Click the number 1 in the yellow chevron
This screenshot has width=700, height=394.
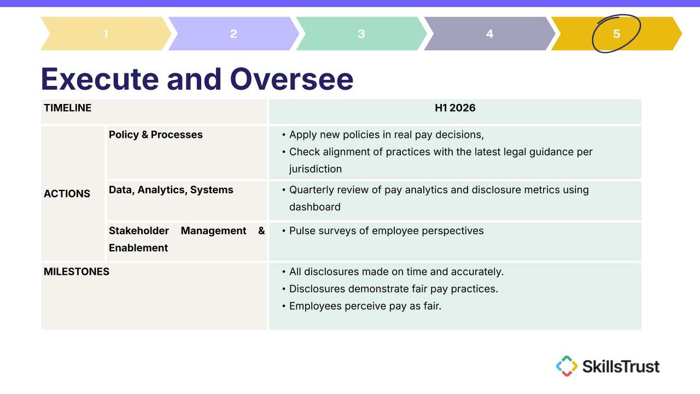(106, 34)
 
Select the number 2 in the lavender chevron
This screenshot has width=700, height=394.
(234, 34)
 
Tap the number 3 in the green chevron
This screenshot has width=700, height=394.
(361, 34)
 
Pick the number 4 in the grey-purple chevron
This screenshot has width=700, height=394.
(489, 34)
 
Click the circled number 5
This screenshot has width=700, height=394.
(616, 34)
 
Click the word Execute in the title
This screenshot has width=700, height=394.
(100, 79)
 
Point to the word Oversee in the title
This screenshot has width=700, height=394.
(291, 79)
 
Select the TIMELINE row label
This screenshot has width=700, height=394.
(67, 108)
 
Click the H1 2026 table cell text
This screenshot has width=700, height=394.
(455, 108)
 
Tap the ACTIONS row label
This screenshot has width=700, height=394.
(67, 194)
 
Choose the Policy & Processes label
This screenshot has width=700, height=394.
(156, 135)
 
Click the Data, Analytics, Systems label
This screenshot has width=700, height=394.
(171, 190)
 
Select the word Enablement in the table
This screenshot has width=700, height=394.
(138, 248)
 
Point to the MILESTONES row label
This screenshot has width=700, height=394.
(77, 271)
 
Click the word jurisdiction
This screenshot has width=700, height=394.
(316, 169)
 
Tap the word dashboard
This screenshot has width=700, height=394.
(314, 207)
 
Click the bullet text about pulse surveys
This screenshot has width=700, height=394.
(386, 231)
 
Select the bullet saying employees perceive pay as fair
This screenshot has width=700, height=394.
(365, 306)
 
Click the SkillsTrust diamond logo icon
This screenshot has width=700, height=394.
(567, 366)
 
